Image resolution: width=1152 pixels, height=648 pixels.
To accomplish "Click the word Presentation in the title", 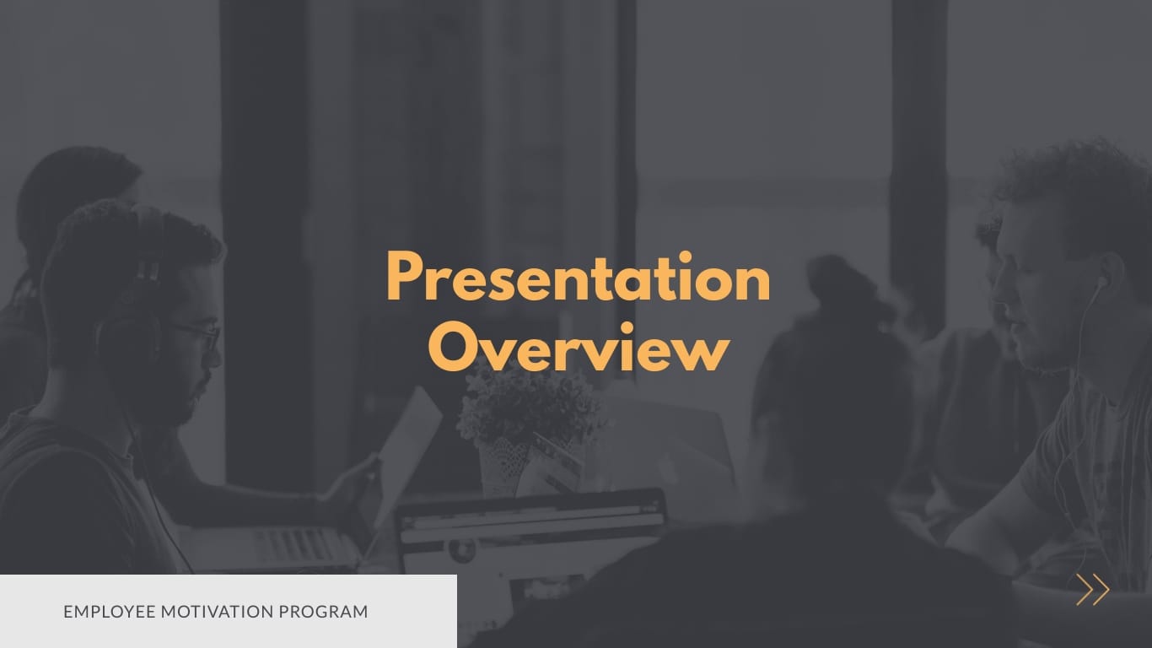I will (x=578, y=279).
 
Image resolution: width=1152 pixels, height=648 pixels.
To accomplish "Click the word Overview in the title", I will (x=578, y=348).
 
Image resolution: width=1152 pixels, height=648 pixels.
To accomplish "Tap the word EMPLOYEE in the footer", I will (x=108, y=612).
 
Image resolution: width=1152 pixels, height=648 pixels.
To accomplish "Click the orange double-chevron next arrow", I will (x=1092, y=590).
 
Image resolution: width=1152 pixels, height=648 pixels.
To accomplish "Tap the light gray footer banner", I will (x=228, y=611).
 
